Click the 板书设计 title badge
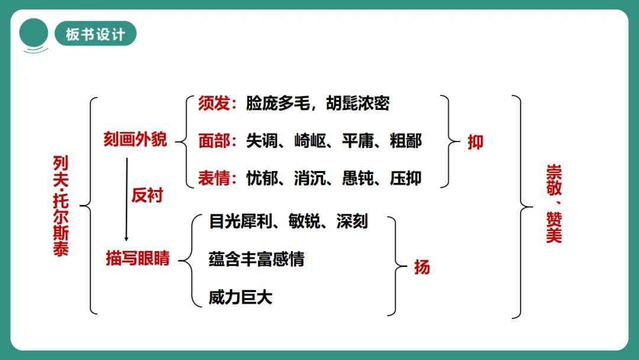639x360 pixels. click(x=95, y=34)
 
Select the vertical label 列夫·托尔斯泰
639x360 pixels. click(x=61, y=206)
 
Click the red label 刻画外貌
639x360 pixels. click(x=135, y=140)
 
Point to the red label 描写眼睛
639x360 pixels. click(x=138, y=258)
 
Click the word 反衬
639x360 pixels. click(x=147, y=195)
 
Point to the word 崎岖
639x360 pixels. click(x=310, y=141)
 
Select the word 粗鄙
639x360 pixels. click(x=406, y=141)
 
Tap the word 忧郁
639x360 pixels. click(x=262, y=178)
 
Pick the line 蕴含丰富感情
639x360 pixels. click(x=257, y=259)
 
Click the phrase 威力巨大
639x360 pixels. click(x=240, y=297)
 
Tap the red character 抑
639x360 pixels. click(x=475, y=142)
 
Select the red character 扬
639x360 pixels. click(x=422, y=267)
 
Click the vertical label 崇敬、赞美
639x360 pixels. click(x=554, y=204)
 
